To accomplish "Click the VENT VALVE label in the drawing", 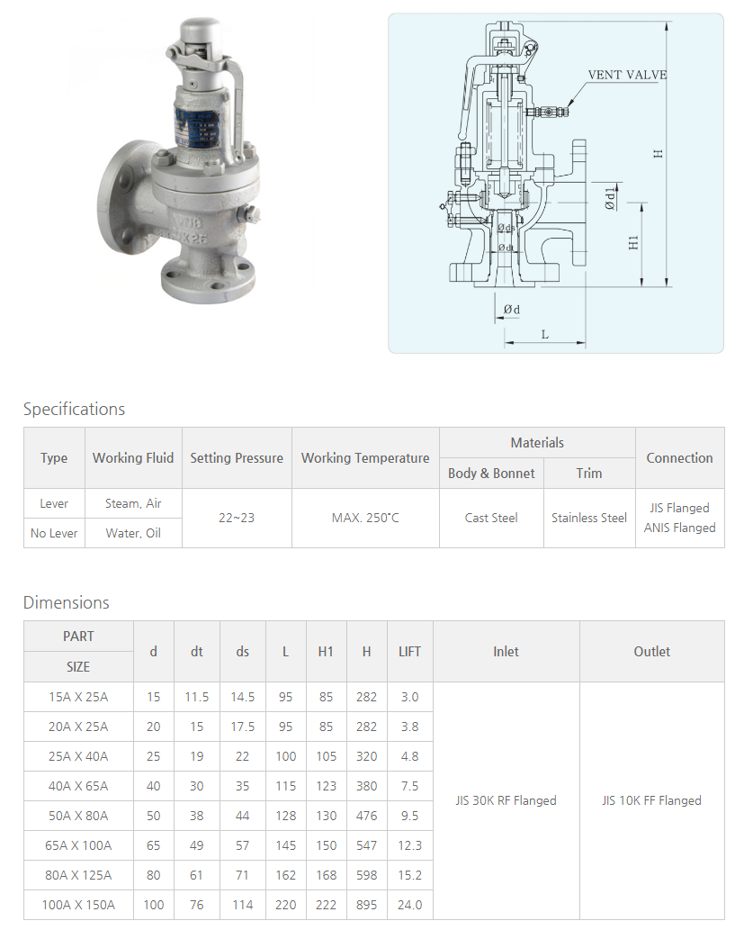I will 627,75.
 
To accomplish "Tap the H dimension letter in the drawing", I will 659,153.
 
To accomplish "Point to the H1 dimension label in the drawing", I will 633,242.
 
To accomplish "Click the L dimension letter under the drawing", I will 544,334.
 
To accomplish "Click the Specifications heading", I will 74,409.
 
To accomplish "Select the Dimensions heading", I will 66,602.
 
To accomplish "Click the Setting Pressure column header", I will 237,457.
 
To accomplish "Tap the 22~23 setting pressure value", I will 237,518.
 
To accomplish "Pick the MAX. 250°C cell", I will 365,518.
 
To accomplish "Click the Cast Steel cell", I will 491,518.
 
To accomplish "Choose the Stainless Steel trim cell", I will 589,518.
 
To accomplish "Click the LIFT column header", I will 409,651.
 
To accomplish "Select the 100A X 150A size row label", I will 78,905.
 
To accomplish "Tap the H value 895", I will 366,905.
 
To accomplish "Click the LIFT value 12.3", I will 409,845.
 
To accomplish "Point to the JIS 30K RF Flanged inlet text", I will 506,800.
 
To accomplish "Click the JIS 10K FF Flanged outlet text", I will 651,800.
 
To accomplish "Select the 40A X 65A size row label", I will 78,786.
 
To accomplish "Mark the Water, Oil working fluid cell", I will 133,533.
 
